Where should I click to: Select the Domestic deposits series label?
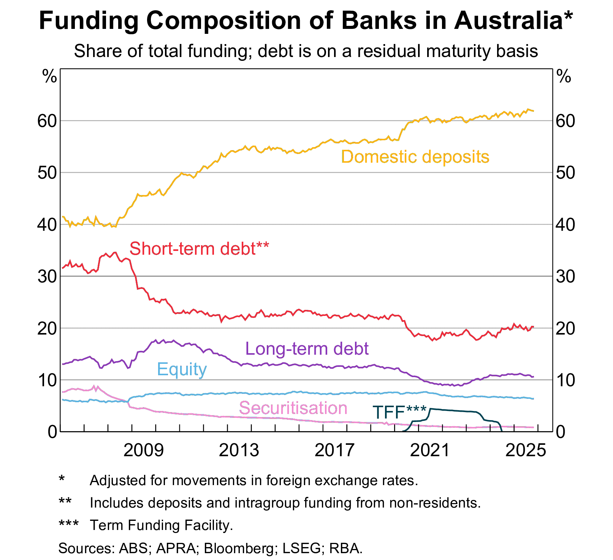click(415, 157)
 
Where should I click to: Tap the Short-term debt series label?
click(199, 249)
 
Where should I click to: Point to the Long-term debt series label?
click(307, 349)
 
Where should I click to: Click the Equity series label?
click(182, 369)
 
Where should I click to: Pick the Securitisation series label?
click(293, 408)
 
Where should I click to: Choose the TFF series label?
click(399, 412)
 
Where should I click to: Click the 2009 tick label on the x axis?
click(143, 451)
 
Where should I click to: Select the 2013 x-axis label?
click(239, 451)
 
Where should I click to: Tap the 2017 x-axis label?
click(334, 451)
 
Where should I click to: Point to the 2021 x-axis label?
click(430, 451)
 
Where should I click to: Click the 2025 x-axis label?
click(526, 451)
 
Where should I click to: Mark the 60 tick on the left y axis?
click(47, 121)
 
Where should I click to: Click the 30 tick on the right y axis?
click(565, 276)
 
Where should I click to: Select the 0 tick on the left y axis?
click(52, 432)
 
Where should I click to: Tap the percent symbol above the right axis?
click(564, 77)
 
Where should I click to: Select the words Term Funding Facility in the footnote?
click(161, 525)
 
